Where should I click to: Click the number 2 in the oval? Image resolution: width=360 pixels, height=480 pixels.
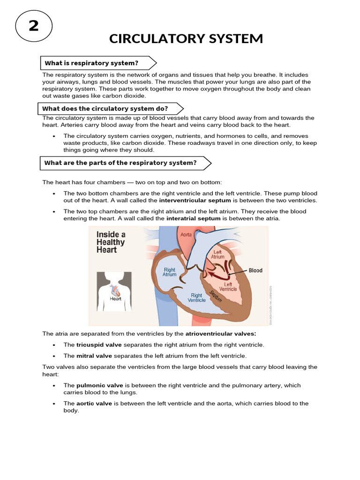pyautogui.click(x=34, y=26)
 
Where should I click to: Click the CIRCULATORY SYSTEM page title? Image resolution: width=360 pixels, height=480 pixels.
pyautogui.click(x=186, y=38)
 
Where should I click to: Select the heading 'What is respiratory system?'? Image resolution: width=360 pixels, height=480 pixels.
pyautogui.click(x=91, y=63)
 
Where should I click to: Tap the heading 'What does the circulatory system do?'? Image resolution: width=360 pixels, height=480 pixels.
pyautogui.click(x=105, y=109)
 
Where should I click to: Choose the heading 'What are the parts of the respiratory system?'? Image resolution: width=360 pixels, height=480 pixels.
pyautogui.click(x=120, y=163)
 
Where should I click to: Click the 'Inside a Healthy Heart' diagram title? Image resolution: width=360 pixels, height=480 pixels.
pyautogui.click(x=111, y=242)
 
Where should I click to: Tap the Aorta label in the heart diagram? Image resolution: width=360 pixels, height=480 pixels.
pyautogui.click(x=186, y=233)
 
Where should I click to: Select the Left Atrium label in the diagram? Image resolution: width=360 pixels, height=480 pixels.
pyautogui.click(x=218, y=254)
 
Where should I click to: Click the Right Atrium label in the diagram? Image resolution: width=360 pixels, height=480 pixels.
pyautogui.click(x=169, y=272)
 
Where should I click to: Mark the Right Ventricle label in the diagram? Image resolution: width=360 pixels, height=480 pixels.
pyautogui.click(x=196, y=298)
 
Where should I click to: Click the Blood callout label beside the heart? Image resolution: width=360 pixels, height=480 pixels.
pyautogui.click(x=255, y=270)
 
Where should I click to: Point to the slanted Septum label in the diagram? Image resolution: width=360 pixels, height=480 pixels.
pyautogui.click(x=216, y=296)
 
